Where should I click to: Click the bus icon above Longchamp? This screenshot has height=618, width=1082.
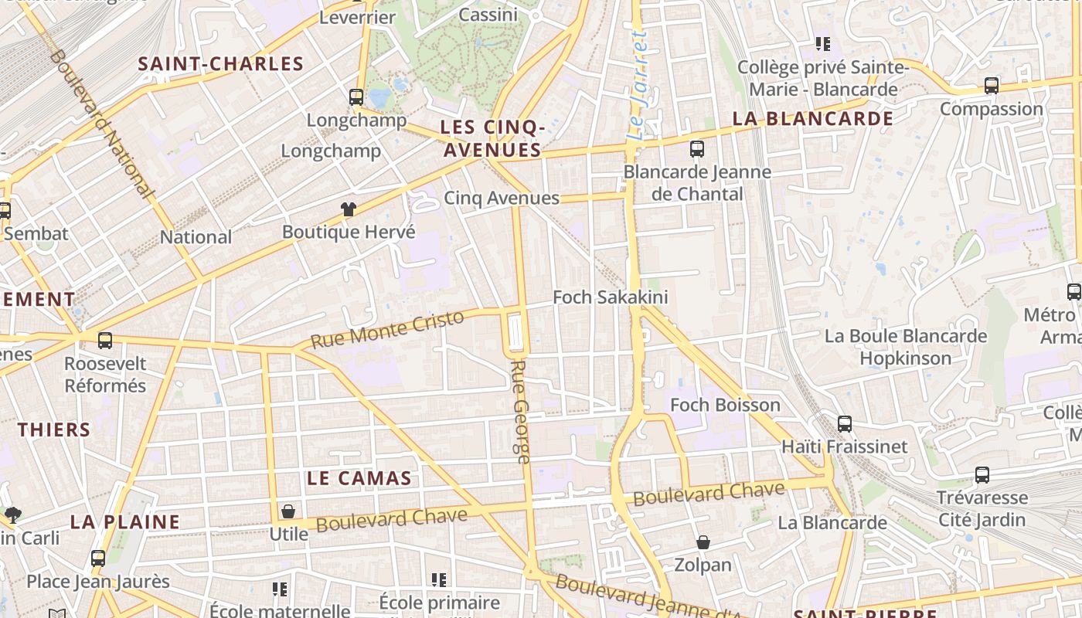click(356, 97)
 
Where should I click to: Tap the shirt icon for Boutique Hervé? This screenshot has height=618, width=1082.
click(349, 209)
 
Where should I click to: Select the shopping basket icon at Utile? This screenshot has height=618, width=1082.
click(288, 511)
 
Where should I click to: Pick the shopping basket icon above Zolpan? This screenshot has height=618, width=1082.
click(703, 542)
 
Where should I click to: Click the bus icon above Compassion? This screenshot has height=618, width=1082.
click(992, 86)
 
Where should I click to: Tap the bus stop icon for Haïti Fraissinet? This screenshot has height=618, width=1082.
click(845, 424)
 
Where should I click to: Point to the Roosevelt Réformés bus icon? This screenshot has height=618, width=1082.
click(105, 341)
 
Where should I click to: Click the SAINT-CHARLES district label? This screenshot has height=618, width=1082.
click(220, 64)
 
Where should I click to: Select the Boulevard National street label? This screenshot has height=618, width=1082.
click(100, 124)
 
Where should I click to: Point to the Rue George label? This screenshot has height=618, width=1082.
click(520, 411)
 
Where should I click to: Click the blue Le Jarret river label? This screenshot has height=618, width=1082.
click(637, 85)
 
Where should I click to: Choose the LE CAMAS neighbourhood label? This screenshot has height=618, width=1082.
click(359, 478)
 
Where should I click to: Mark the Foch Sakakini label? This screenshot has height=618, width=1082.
click(611, 297)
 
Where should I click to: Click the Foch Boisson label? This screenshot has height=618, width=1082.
click(725, 405)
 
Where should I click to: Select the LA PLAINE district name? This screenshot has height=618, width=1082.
click(125, 522)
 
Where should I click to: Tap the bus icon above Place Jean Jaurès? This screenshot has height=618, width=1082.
click(98, 559)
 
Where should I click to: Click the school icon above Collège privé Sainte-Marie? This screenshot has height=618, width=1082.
click(822, 44)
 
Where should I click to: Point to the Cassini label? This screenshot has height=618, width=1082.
click(488, 15)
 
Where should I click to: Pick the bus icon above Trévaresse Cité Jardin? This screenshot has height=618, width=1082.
click(982, 475)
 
